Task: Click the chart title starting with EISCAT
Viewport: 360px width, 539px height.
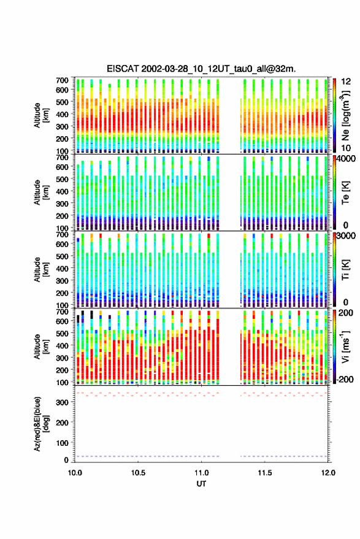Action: (201, 69)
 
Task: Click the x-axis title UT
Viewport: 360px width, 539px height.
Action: (201, 484)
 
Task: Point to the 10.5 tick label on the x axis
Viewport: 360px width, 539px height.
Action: (138, 473)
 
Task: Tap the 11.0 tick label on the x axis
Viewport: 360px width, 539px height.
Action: (202, 473)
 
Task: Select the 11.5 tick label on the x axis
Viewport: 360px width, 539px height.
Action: (264, 473)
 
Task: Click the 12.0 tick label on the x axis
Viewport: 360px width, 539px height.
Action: (328, 473)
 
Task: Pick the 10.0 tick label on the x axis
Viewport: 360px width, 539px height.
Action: (75, 473)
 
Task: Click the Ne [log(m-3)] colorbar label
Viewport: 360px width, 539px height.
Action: (345, 115)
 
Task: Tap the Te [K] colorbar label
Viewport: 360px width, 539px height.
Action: (345, 193)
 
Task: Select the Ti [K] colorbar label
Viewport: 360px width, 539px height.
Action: (345, 270)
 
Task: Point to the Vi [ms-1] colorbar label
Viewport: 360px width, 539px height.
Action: (345, 346)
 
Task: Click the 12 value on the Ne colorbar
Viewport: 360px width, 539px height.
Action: (346, 81)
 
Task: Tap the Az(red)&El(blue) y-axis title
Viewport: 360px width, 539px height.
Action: (41, 424)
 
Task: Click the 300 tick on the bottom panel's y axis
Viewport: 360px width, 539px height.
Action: (62, 402)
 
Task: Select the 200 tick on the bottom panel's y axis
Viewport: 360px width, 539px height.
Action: (62, 422)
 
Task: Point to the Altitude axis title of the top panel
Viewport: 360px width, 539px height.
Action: (41, 115)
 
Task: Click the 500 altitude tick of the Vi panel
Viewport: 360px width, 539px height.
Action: (62, 333)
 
